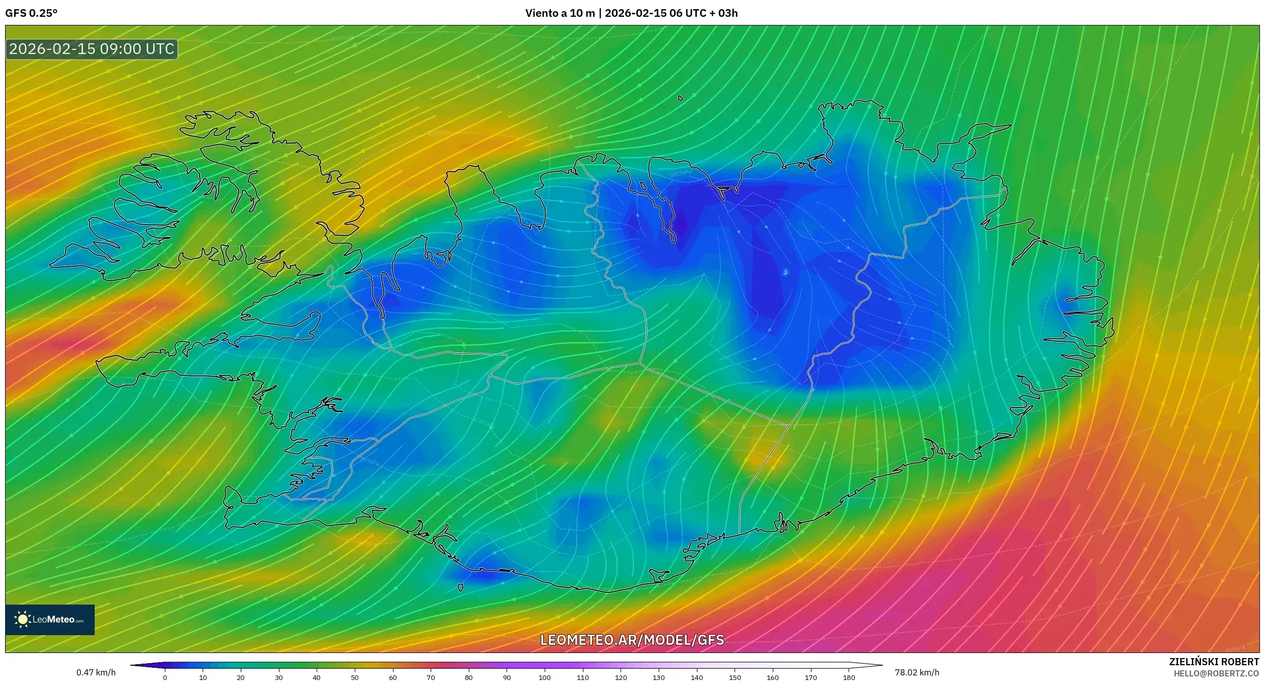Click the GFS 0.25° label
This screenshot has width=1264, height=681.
[31, 13]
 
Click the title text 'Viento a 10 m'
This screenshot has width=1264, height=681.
[559, 13]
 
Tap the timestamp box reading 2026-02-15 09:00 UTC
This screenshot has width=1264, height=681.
[92, 49]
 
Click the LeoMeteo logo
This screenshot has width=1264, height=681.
[50, 619]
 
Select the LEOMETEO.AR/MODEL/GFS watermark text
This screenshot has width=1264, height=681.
[632, 640]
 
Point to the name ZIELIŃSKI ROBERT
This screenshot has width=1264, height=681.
[1214, 662]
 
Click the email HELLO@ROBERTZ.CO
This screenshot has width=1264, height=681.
[1216, 673]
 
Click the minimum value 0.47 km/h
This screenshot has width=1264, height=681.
[96, 672]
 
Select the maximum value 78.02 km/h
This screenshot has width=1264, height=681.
[917, 672]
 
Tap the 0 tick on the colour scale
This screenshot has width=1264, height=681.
[165, 677]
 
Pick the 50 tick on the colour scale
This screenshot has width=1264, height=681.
[355, 677]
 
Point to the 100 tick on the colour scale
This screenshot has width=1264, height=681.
[545, 677]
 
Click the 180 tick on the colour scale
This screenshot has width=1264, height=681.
[849, 677]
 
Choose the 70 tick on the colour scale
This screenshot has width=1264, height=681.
[431, 677]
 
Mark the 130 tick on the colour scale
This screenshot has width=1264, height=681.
[659, 677]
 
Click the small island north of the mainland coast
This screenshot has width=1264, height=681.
[681, 98]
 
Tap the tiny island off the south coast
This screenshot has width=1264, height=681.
[460, 588]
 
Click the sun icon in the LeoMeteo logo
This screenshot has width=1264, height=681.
[22, 619]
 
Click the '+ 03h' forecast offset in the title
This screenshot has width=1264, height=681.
[723, 13]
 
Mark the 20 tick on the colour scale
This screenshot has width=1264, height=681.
[241, 677]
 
